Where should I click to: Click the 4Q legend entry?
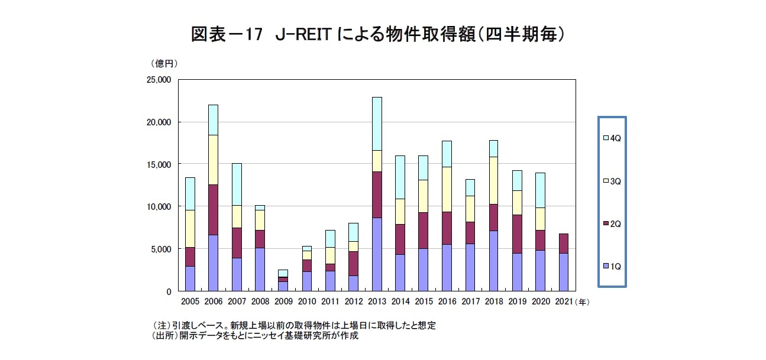612,138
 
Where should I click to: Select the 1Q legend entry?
612,267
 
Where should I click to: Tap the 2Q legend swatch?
606,224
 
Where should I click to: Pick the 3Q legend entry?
612,181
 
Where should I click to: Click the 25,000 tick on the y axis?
157,79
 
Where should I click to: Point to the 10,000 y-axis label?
157,206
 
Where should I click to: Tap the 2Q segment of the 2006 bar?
213,210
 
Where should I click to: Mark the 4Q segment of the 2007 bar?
236,184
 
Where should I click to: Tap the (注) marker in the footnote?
161,326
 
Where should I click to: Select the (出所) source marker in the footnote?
164,335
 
